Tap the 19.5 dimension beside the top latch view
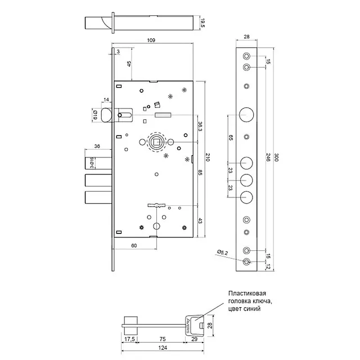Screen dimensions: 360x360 click(203, 24)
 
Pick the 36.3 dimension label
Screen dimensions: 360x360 click(201, 128)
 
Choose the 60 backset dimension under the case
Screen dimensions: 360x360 click(134, 246)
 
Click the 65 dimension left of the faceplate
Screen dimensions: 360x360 click(231, 137)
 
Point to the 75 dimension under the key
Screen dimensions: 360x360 click(162, 340)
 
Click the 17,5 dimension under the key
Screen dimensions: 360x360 click(128, 340)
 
